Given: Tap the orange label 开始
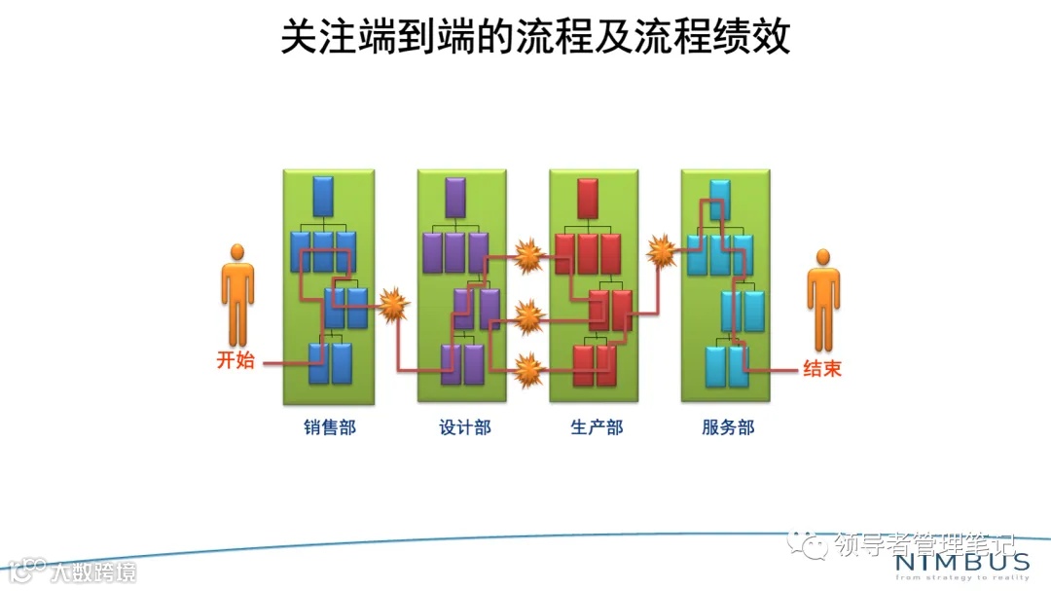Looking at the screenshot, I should [x=235, y=360].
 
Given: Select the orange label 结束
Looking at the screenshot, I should [x=821, y=369].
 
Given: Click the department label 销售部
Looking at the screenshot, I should [x=328, y=427].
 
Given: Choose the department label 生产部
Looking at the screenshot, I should [x=596, y=427].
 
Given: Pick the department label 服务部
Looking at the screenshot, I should [x=727, y=427].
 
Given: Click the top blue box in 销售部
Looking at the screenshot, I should [x=324, y=196].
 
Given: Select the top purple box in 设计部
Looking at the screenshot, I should [x=455, y=197].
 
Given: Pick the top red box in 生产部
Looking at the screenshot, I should [x=588, y=198].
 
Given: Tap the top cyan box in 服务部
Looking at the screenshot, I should [x=720, y=199].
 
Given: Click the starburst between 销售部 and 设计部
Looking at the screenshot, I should [x=393, y=306].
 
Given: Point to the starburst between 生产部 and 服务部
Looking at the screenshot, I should [x=662, y=252].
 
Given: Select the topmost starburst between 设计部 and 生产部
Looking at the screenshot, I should [x=528, y=255].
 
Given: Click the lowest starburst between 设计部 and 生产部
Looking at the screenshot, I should [x=528, y=369].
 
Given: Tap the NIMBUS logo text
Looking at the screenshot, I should [x=960, y=564].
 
